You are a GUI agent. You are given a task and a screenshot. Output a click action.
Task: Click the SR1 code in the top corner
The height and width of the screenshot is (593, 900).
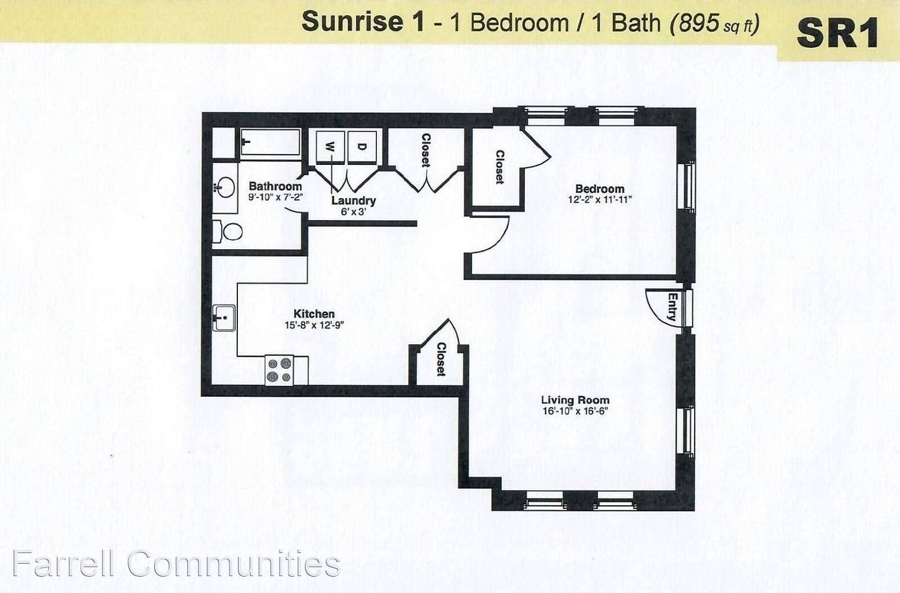pyautogui.click(x=838, y=35)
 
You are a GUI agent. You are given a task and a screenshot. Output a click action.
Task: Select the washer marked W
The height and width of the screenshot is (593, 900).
pyautogui.click(x=330, y=147)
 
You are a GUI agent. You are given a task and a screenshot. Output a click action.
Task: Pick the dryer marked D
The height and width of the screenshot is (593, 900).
pyautogui.click(x=362, y=147)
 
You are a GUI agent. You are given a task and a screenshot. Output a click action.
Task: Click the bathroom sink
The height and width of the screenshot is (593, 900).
pyautogui.click(x=226, y=187)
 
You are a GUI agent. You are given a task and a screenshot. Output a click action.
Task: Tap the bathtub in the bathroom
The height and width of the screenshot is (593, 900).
pyautogui.click(x=271, y=142)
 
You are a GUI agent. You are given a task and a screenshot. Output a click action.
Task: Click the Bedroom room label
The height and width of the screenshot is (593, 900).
pyautogui.click(x=600, y=189)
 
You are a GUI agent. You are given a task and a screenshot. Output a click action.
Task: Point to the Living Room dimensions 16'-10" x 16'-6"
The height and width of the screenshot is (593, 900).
pyautogui.click(x=575, y=411)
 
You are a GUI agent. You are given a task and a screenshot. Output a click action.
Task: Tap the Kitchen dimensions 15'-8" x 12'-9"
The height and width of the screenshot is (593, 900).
pyautogui.click(x=314, y=325)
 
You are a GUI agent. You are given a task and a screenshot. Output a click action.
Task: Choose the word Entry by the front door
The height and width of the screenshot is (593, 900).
pyautogui.click(x=672, y=307)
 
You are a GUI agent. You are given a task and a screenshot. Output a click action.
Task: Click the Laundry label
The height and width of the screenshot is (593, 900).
pyautogui.click(x=354, y=200)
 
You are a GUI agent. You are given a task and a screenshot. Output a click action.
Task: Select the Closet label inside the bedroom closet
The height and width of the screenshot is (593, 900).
pyautogui.click(x=499, y=167)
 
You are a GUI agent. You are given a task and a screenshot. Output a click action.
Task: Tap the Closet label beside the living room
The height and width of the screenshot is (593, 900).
pyautogui.click(x=441, y=359)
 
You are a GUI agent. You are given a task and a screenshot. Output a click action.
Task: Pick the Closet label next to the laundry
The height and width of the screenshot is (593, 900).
pyautogui.click(x=425, y=150)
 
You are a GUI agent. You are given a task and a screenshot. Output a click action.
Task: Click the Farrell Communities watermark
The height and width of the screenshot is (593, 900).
pyautogui.click(x=177, y=564)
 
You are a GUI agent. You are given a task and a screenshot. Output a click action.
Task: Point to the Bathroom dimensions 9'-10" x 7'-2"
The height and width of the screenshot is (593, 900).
pyautogui.click(x=275, y=197)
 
